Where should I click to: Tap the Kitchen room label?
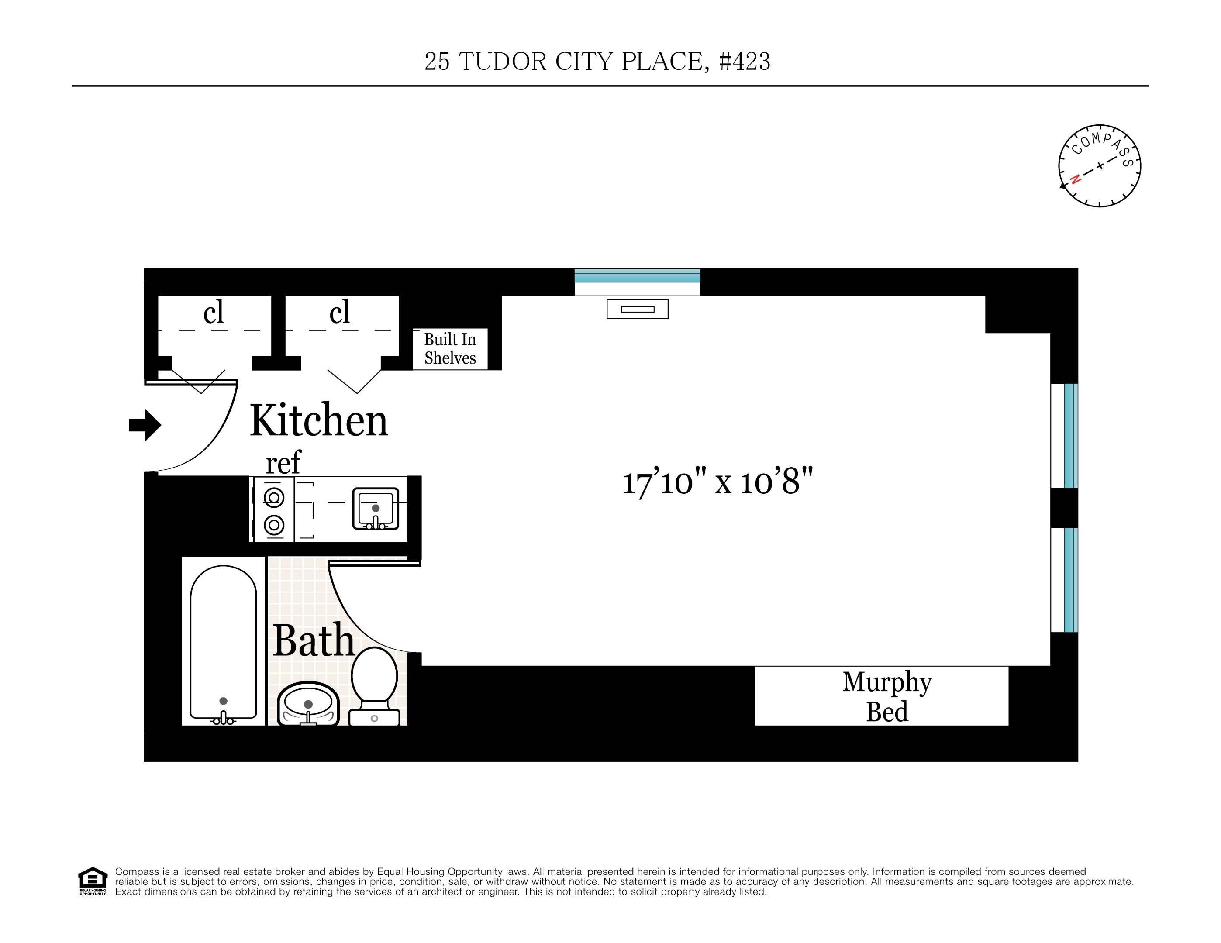319,420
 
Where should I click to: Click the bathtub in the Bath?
223,643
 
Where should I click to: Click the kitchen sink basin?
375,508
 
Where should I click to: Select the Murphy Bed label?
886,696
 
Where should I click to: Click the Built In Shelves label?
450,349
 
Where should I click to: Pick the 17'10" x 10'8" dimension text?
717,482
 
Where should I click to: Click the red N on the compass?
1075,179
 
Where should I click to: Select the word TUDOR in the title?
503,62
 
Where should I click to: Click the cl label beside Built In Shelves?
339,312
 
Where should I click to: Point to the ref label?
283,463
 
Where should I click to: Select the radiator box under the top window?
637,309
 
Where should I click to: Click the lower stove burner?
274,525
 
